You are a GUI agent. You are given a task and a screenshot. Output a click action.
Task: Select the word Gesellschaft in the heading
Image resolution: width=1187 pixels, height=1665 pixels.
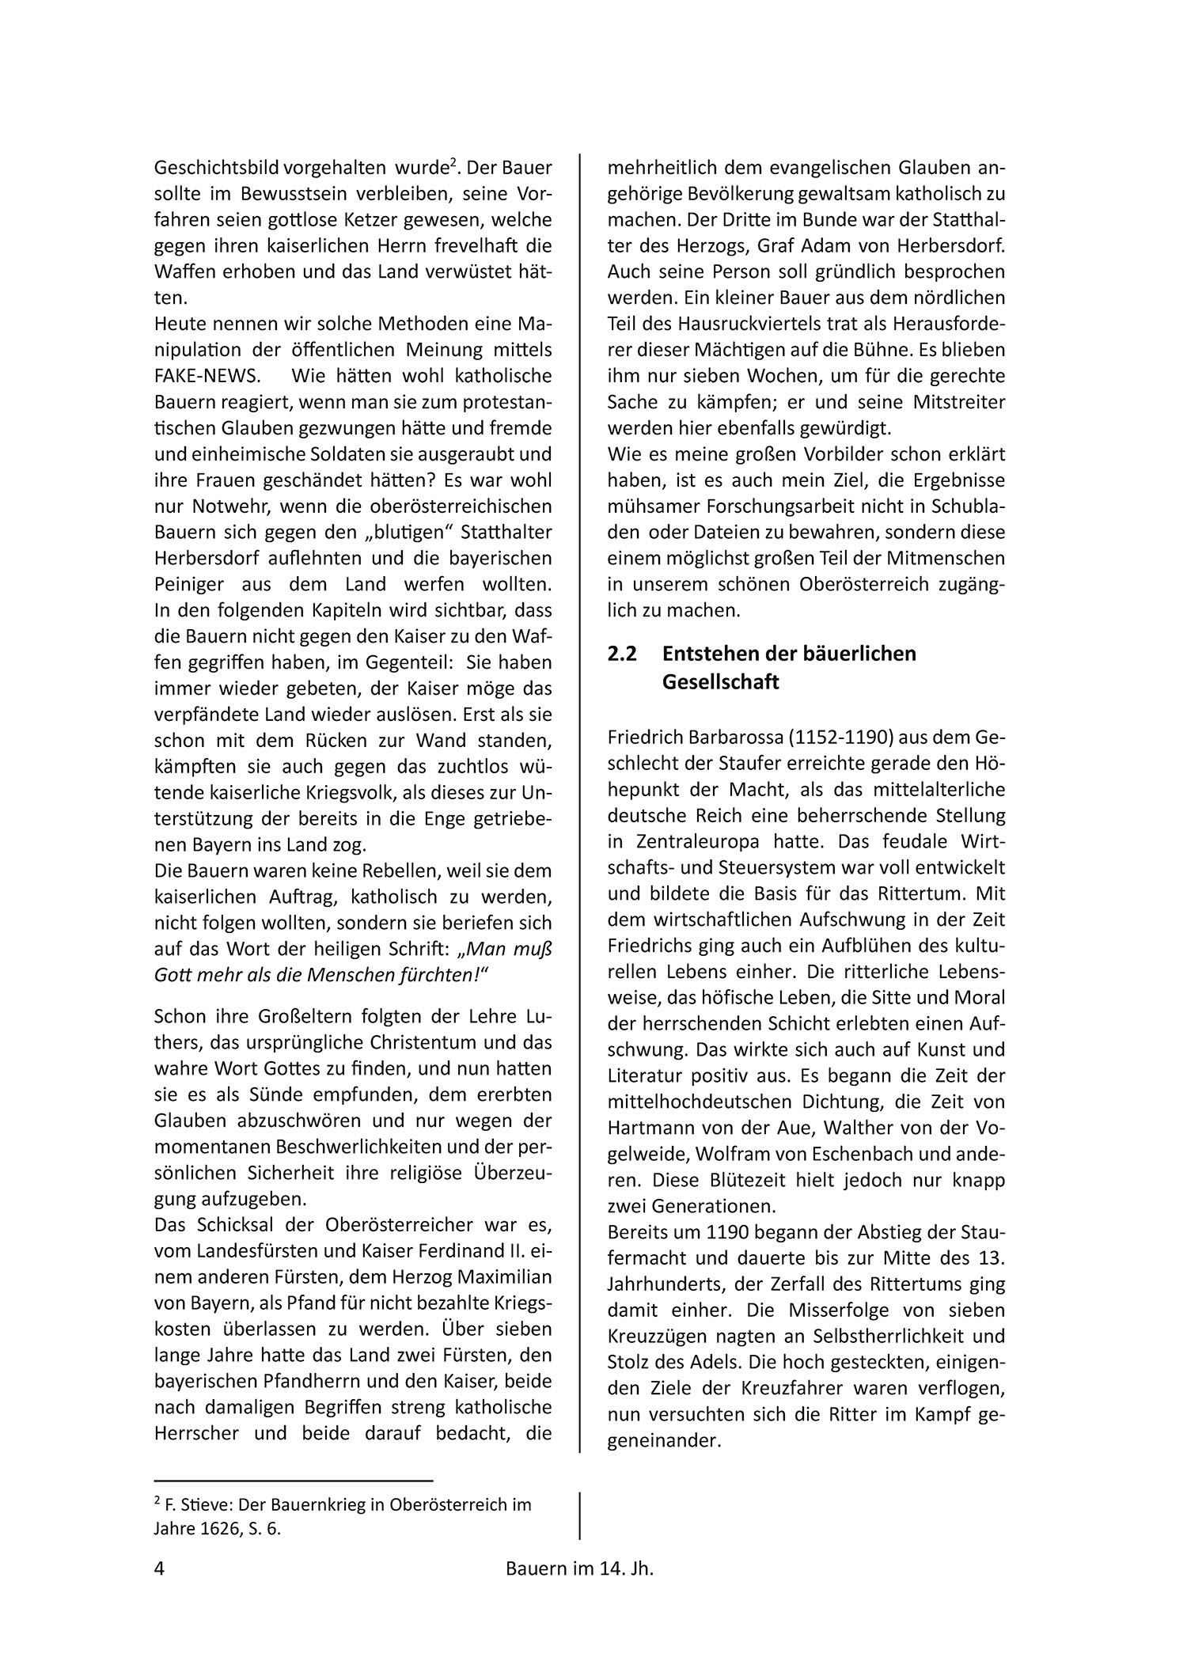click(x=720, y=681)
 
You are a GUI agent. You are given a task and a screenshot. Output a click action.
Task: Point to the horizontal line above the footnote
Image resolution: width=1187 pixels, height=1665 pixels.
click(x=294, y=1480)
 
